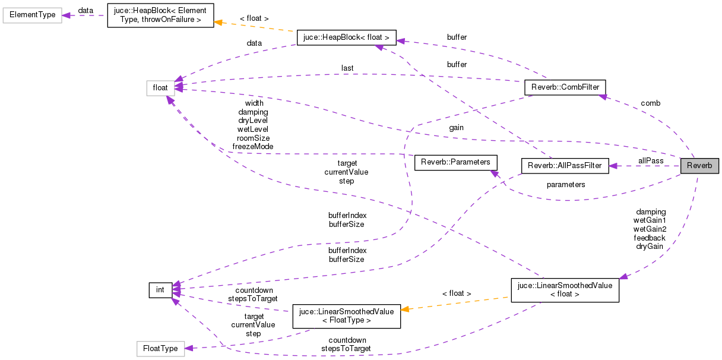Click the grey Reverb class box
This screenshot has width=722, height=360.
[699, 165]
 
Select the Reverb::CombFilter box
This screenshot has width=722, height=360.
[564, 88]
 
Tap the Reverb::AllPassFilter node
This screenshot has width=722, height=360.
[565, 166]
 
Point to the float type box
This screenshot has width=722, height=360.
[160, 88]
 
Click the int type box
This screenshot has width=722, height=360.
[160, 290]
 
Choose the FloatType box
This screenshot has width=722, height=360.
[160, 349]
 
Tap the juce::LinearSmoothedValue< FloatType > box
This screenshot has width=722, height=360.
[346, 316]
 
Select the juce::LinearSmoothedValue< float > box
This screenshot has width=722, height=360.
[565, 290]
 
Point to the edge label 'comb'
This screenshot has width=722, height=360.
[650, 103]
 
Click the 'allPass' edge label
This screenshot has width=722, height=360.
[651, 161]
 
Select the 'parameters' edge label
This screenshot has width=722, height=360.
[566, 185]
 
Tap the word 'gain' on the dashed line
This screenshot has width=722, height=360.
[456, 128]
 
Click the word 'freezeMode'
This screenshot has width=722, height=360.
[253, 146]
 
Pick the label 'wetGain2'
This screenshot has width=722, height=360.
[650, 229]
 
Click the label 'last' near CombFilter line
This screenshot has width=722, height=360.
[347, 68]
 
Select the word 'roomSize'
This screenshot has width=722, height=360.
[253, 138]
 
